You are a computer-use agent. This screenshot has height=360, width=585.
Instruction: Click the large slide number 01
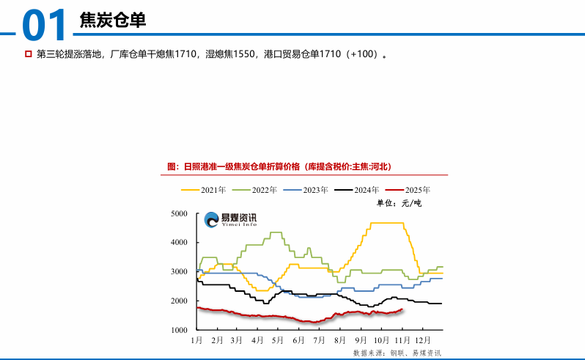point(45,25)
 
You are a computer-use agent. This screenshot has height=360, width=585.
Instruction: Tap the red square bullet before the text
point(29,54)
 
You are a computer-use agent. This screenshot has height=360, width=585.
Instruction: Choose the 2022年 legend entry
point(260,190)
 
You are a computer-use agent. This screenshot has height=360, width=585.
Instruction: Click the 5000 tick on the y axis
point(180,213)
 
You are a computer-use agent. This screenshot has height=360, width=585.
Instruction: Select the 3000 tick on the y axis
point(180,272)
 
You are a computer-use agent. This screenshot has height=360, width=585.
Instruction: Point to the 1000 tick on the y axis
point(180,331)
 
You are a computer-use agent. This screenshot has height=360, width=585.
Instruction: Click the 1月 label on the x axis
point(196,341)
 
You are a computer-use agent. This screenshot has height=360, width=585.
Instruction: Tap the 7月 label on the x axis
point(319,341)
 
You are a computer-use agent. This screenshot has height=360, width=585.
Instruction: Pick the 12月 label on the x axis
point(422,341)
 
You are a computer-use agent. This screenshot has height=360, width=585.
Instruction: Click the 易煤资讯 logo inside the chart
point(230,218)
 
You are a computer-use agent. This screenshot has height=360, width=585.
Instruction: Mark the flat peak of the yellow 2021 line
point(386,223)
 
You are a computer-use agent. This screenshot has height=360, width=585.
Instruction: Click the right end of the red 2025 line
point(402,309)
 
